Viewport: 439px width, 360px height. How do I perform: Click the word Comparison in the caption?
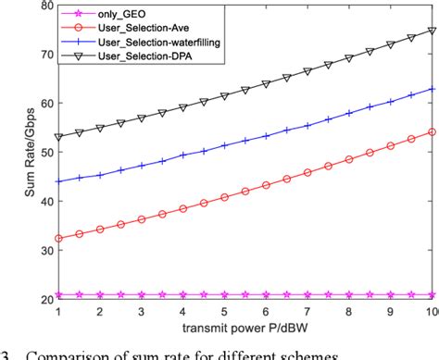(73, 352)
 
